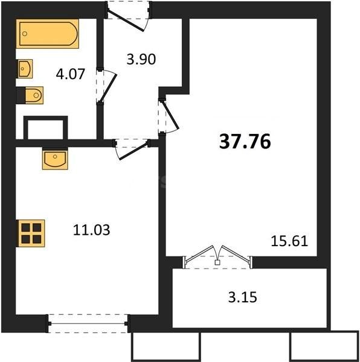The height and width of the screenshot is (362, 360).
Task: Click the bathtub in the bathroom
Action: coord(48,34)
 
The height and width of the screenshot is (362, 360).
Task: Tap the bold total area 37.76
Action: coord(244,142)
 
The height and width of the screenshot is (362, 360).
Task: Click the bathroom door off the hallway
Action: coord(104,88)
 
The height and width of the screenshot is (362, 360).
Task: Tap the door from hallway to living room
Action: coord(166,115)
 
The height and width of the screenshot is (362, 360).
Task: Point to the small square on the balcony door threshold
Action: coord(217,263)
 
